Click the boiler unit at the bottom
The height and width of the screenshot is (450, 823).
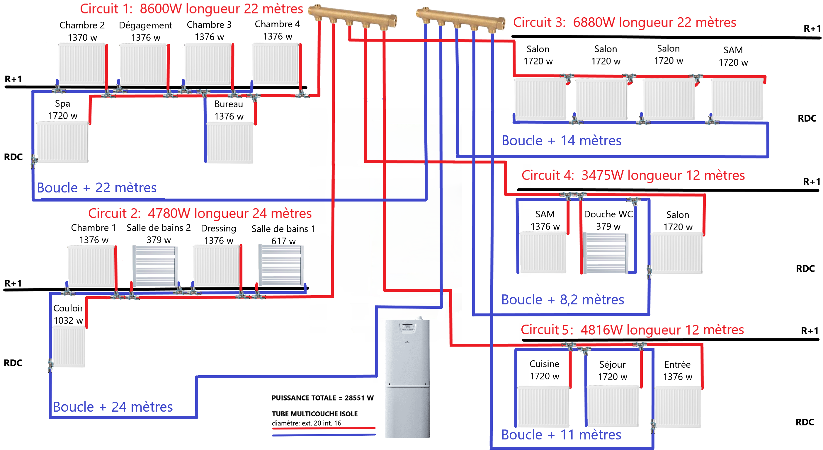(407, 379)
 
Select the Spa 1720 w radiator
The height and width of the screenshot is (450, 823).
(63, 142)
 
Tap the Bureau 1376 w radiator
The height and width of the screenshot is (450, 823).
(230, 143)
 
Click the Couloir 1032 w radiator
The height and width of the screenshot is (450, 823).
(69, 347)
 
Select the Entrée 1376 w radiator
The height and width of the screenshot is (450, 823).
(677, 407)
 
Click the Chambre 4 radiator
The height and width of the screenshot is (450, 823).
(276, 64)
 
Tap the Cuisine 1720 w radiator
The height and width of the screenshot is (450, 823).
(543, 406)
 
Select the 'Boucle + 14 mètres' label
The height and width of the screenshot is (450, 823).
(561, 141)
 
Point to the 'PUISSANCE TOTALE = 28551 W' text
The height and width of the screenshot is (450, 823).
(322, 398)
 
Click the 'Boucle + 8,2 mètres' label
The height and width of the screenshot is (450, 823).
(562, 300)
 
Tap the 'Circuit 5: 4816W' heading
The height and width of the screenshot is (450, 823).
(632, 330)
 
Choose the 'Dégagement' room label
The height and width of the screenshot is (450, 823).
(145, 25)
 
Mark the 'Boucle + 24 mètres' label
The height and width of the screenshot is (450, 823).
(113, 407)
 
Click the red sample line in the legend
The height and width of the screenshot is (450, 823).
(323, 428)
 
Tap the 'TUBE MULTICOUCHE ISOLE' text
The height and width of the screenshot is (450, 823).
(315, 414)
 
